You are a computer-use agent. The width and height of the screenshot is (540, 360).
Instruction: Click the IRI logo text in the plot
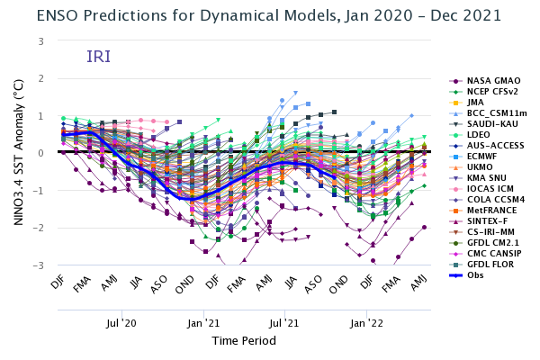click(99, 58)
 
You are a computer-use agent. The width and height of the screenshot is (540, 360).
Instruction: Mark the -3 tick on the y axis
click(41, 265)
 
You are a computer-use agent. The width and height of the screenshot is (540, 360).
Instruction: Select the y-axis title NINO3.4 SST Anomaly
click(18, 153)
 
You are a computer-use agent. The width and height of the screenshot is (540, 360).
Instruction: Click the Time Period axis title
click(244, 341)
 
